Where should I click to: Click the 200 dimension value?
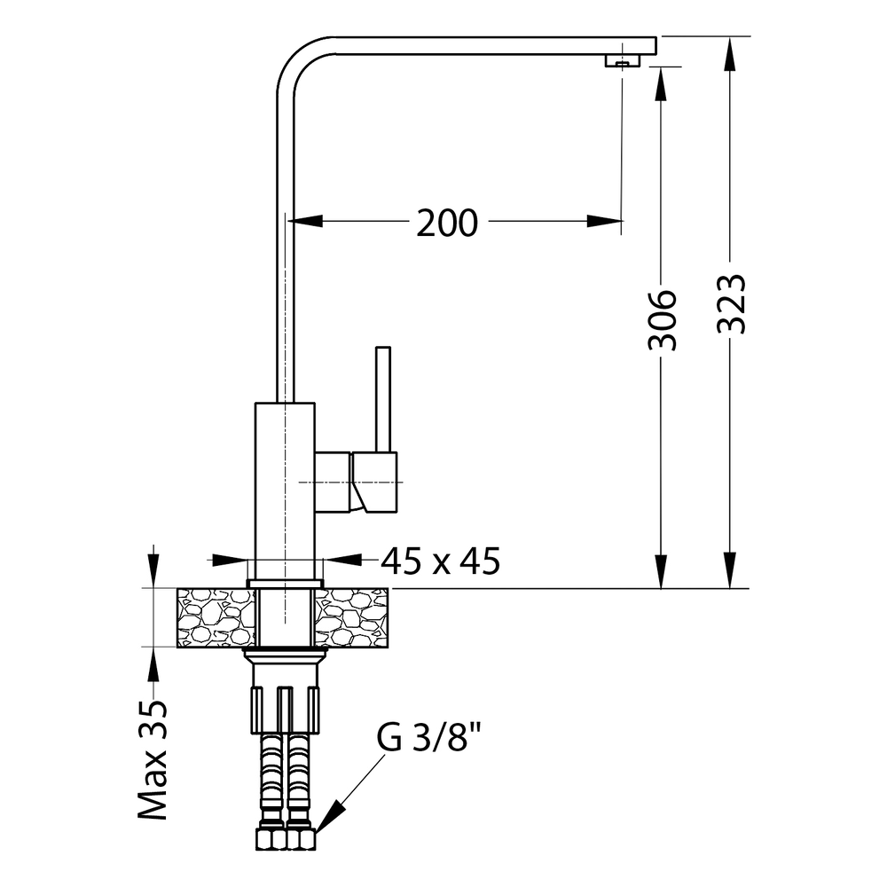447,223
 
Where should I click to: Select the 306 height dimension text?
662,320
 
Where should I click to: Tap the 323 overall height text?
732,304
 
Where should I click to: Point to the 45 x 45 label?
441,561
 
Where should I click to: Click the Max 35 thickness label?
153,760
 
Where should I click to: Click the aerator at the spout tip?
623,60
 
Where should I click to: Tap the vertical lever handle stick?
383,399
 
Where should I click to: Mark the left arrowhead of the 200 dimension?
305,221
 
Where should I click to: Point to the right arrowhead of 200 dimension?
605,221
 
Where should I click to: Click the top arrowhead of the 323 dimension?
730,55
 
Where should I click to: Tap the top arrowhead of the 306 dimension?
661,85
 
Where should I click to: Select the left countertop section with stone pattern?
216,617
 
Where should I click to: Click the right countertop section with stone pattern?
351,617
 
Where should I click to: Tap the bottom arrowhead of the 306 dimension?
661,570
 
